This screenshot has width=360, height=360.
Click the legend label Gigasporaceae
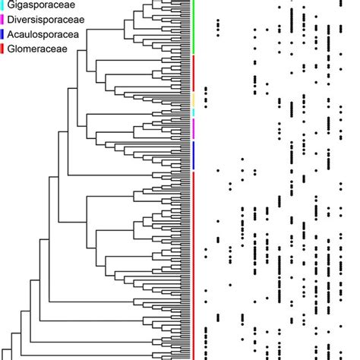(x=41, y=5)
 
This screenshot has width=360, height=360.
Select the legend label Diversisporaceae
(x=46, y=20)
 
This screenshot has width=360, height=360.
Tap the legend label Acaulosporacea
(x=43, y=34)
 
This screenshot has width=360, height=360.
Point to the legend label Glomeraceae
(x=37, y=49)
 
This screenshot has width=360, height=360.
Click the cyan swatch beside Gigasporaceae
(x=2, y=5)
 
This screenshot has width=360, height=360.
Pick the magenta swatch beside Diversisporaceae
(x=2, y=20)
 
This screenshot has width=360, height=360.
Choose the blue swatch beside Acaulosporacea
(x=2, y=34)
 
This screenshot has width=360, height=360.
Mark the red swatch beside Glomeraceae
(x=2, y=49)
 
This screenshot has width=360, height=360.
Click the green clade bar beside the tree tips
(x=194, y=27)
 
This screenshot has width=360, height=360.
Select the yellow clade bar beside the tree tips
(x=194, y=99)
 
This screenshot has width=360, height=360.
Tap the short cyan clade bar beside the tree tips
(x=194, y=112)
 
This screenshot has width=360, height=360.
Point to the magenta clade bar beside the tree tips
(x=194, y=129)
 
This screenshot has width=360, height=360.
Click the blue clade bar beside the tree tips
(x=194, y=156)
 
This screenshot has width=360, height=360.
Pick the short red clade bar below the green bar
(x=194, y=74)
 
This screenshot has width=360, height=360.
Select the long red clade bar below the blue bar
(x=194, y=266)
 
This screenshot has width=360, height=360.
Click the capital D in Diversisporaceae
(x=11, y=20)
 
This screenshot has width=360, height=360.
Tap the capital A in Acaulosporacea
(x=11, y=34)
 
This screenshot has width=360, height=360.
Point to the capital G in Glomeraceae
(x=11, y=49)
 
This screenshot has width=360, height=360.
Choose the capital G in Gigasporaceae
(x=11, y=5)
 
